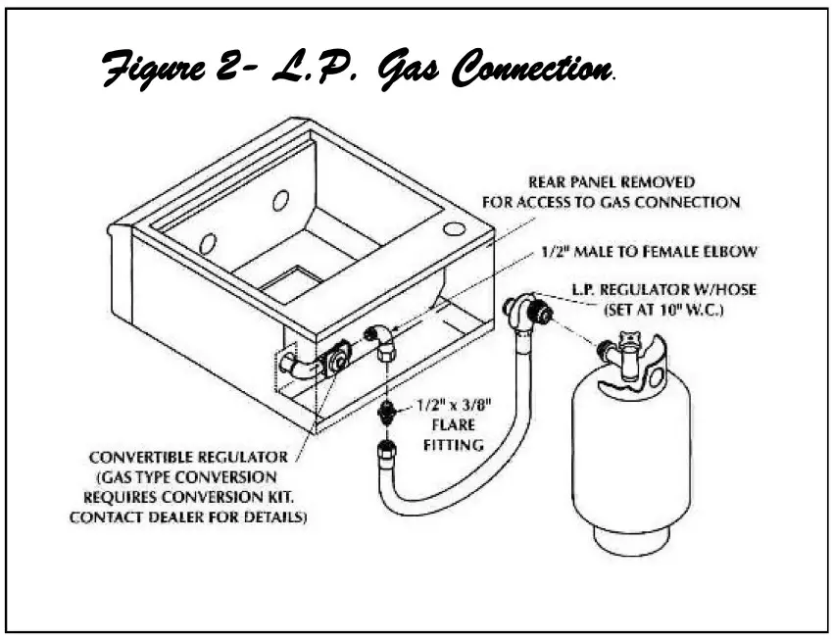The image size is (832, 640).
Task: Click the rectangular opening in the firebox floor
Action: tap(291, 284)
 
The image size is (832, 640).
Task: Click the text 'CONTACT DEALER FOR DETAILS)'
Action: tap(185, 517)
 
